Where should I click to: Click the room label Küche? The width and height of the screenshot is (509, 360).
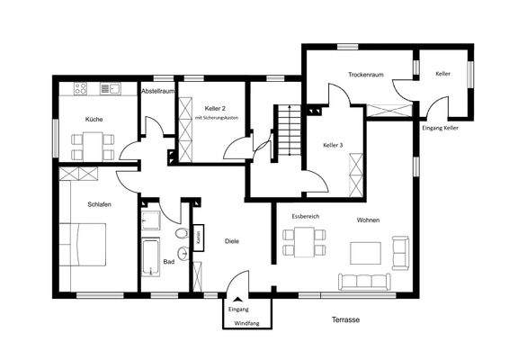tap(94, 119)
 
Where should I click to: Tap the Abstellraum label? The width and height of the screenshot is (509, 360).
tap(156, 92)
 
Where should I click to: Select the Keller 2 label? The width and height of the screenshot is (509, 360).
tap(214, 107)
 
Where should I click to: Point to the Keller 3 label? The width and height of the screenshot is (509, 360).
tap(334, 144)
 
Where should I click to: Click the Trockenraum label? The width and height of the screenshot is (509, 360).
tap(366, 75)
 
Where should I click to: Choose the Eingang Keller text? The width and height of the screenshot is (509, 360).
tap(441, 129)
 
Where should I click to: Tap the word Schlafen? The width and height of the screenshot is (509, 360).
tap(99, 204)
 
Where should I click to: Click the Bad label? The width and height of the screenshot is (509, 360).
tap(168, 262)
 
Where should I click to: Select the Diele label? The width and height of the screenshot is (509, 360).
tap(231, 241)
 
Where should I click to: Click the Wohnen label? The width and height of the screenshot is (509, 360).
tap(369, 220)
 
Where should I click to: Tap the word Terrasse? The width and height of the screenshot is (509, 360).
tap(345, 319)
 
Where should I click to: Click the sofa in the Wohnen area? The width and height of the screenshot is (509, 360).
tap(365, 279)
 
